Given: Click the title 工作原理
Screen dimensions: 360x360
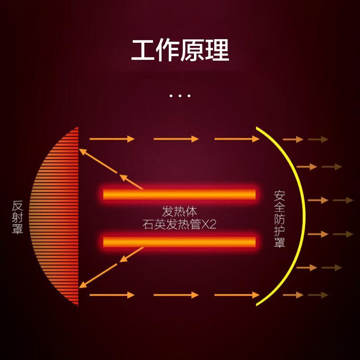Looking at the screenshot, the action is (x=180, y=50).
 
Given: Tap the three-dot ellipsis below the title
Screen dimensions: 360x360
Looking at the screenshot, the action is (x=180, y=95).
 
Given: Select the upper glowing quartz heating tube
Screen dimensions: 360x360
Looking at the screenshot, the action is (x=179, y=194).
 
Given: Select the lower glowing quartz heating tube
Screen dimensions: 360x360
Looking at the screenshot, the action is (x=179, y=242).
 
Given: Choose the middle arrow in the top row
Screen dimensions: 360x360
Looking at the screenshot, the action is (x=176, y=139).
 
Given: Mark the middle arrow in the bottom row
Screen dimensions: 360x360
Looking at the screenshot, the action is (x=176, y=295).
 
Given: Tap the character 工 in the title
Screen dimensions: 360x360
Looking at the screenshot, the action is (x=143, y=50).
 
